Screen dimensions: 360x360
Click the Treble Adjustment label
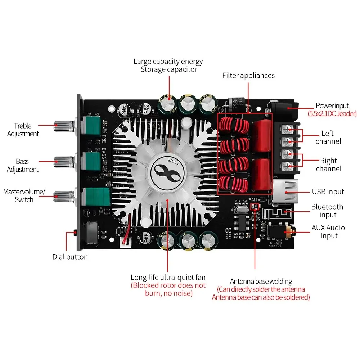point(22,130)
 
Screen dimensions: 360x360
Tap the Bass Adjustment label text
point(22,165)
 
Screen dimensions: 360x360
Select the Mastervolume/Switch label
point(24,195)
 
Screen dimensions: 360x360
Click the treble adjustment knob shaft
point(63,126)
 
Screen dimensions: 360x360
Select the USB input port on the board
point(284,192)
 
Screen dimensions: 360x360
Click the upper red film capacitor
point(262,135)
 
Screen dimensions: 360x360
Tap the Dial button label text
point(70,257)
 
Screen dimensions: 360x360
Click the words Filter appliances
point(248,76)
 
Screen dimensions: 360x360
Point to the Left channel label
point(328,137)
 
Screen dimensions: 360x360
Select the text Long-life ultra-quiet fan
point(168,277)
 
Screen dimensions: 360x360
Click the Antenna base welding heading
point(261,281)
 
